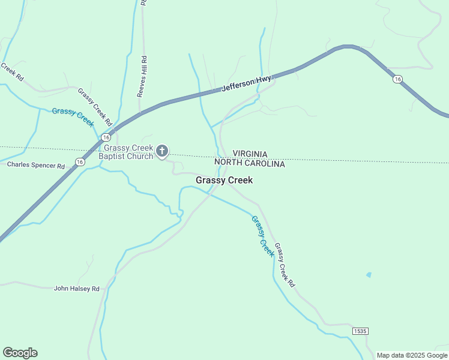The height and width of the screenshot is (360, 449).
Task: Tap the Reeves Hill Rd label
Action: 142,76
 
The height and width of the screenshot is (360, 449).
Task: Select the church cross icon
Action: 162,151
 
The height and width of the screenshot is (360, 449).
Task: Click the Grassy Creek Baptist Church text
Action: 128,153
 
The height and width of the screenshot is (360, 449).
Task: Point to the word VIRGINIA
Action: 250,155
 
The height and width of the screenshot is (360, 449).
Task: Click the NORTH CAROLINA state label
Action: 250,163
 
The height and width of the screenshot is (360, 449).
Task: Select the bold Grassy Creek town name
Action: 224,180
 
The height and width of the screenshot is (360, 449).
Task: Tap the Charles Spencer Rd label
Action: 35,165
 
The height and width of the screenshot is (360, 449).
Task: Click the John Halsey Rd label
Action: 76,289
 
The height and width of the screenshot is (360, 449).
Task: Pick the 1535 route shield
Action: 360,331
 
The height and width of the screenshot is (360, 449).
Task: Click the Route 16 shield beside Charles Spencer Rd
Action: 80,161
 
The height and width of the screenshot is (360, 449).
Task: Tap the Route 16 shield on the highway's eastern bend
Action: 397,79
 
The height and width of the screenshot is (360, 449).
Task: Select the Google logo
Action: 20,353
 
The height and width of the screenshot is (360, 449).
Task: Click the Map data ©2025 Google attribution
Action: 412,355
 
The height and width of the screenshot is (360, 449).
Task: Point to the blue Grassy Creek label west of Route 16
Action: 73,116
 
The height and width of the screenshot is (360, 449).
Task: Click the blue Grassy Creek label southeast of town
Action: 262,236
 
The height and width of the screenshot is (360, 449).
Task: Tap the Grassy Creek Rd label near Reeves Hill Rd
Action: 95,107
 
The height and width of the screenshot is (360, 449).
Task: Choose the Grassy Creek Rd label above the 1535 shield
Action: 285,264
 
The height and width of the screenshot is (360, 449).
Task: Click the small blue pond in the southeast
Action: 368,275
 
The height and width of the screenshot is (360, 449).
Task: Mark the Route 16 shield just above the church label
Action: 106,138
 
